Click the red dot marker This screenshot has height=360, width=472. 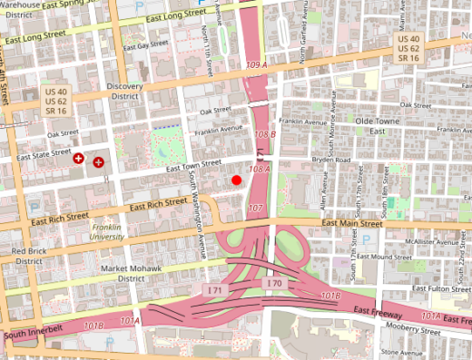237,180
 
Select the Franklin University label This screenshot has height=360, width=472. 107,231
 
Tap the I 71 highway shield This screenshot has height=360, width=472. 215,287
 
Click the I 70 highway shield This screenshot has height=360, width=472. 274,285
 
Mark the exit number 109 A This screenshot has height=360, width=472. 257,66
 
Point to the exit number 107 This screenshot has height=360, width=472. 256,209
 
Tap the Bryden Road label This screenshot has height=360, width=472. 331,161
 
